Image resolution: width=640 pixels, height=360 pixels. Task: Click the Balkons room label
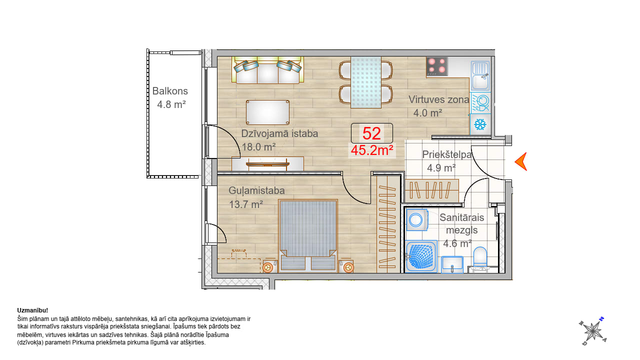pos(170,91)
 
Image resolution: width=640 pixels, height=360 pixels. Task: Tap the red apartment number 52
pos(371,133)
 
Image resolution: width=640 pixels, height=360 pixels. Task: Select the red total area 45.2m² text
pos(372,150)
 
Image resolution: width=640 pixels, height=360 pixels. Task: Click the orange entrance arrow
pos(521,161)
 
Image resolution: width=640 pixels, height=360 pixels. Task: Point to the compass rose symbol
pos(593,331)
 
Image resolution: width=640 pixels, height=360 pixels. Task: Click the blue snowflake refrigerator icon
pos(480,124)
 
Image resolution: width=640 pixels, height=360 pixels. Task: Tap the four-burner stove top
pos(437,66)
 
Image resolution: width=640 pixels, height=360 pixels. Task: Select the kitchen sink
pos(480,75)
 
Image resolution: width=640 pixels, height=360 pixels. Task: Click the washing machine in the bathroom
pos(417,219)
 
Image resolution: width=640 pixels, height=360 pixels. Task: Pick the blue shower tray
pos(421,256)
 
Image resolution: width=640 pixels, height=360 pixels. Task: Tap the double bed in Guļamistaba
pos(308,235)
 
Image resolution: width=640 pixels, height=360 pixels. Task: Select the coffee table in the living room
pos(267,112)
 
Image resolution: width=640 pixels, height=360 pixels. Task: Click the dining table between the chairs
pos(366,82)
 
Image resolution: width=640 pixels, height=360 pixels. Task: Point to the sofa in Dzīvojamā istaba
pos(267,70)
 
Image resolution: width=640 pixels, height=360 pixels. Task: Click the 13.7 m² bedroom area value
pos(246,204)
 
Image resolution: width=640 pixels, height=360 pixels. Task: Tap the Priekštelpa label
pos(447,154)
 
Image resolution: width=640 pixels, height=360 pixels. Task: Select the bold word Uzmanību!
pos(32,310)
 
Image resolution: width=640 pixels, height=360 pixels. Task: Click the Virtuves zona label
pos(438,99)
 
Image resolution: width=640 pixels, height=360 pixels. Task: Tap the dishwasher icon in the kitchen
pos(480,103)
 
